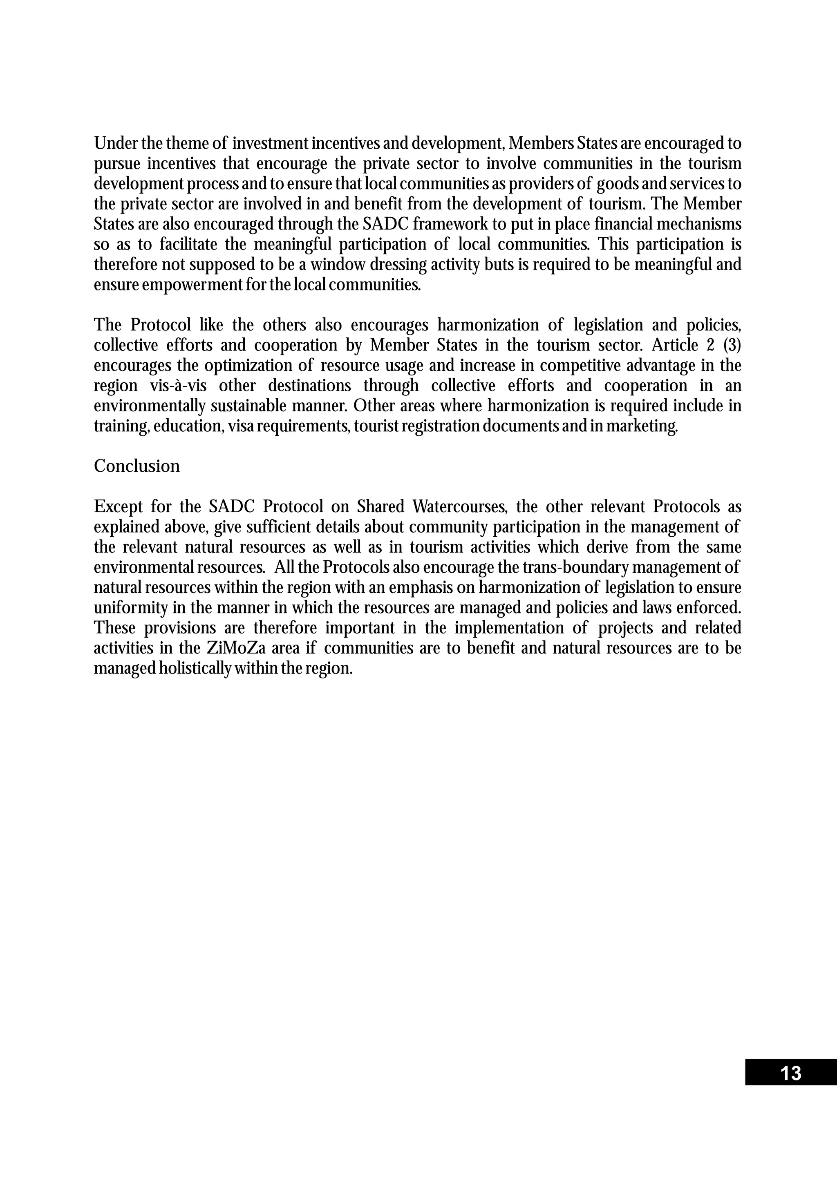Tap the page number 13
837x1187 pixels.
click(790, 1073)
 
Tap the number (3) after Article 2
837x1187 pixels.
click(730, 345)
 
